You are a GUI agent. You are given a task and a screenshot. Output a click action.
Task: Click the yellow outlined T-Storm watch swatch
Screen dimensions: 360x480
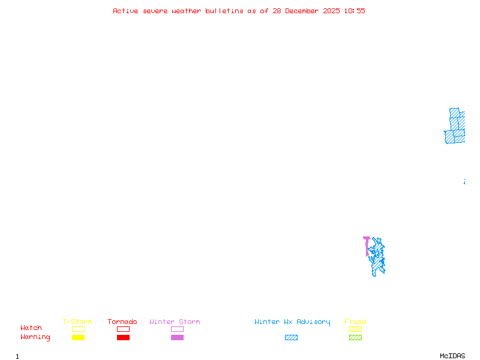click(x=78, y=329)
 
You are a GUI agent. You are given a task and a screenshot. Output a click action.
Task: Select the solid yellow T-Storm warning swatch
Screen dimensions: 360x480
click(x=78, y=338)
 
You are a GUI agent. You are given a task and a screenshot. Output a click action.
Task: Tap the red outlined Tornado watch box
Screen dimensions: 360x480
click(x=123, y=329)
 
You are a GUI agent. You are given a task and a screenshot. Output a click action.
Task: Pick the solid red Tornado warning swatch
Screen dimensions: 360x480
click(x=123, y=338)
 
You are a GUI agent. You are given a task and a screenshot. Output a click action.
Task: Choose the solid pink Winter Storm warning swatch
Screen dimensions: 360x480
click(x=177, y=338)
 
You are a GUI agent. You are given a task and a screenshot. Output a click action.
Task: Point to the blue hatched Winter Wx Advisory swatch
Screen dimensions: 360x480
click(x=291, y=338)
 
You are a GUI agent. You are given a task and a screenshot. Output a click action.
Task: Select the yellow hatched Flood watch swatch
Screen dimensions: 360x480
click(x=355, y=329)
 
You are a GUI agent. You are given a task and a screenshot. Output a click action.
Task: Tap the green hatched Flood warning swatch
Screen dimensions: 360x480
click(x=355, y=338)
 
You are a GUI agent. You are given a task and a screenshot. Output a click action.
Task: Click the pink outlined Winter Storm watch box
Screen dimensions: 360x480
click(x=177, y=329)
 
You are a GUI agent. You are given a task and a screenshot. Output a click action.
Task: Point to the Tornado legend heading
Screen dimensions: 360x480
click(x=122, y=322)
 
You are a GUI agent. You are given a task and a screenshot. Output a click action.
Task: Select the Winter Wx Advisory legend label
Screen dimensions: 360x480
click(x=292, y=322)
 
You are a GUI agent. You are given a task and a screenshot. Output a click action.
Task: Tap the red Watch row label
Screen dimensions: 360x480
click(x=31, y=328)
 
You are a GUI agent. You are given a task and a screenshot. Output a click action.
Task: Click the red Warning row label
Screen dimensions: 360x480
click(x=35, y=337)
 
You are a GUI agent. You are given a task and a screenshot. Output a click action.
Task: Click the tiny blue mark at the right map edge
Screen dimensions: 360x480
click(x=464, y=181)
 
